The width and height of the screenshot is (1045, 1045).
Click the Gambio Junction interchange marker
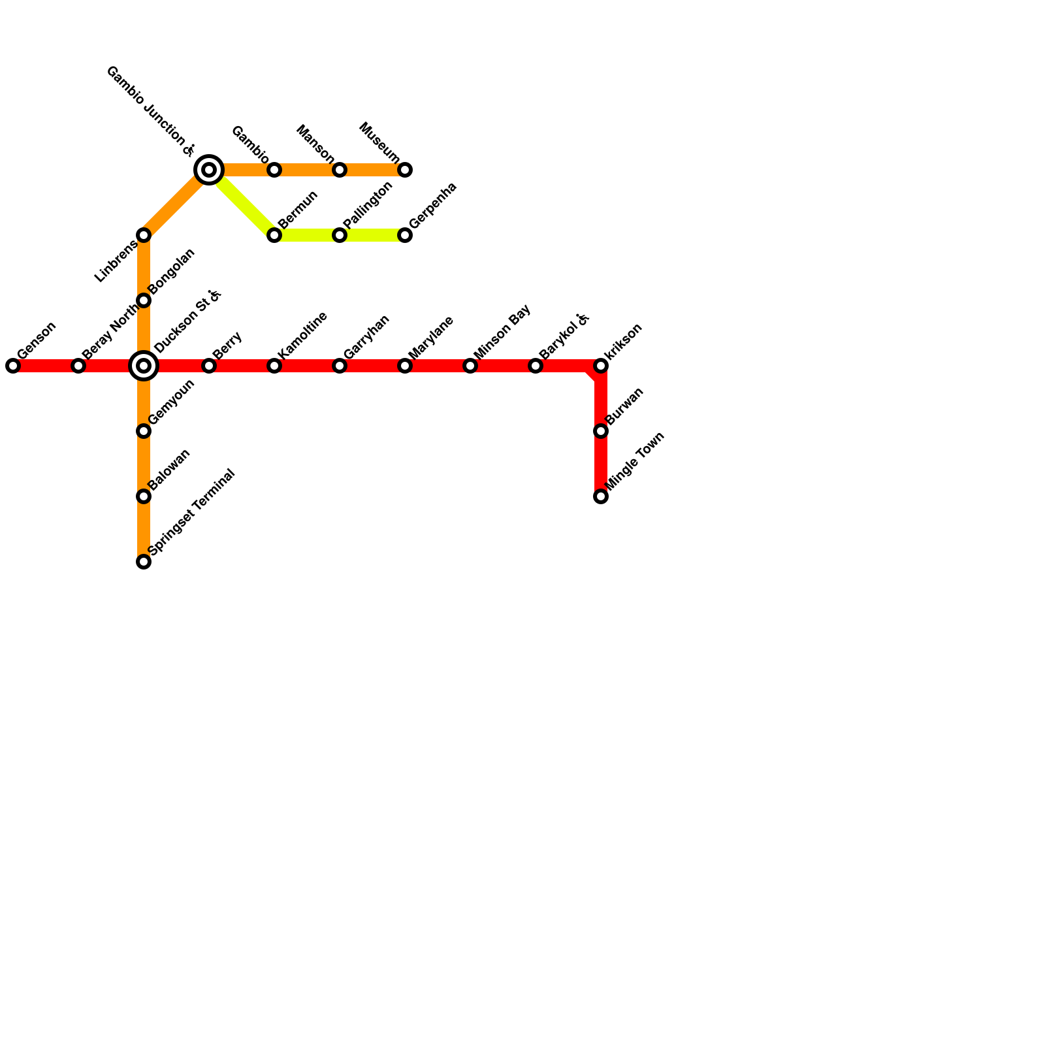click(209, 170)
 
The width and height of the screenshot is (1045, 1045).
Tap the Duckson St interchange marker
click(144, 366)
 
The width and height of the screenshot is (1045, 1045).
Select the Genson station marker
click(13, 366)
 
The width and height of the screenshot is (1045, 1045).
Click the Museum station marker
click(405, 170)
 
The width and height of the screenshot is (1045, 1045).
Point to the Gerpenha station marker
click(405, 235)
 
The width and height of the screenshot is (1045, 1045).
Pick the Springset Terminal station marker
click(144, 562)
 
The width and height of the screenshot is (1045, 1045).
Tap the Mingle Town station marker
click(601, 496)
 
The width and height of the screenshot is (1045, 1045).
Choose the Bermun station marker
click(274, 235)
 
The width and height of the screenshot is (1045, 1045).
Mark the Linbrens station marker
click(144, 235)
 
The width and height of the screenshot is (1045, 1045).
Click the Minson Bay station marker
click(470, 366)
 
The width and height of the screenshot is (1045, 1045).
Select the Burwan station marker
click(601, 431)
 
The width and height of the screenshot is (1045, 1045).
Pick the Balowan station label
click(169, 469)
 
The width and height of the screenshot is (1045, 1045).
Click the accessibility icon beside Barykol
click(583, 319)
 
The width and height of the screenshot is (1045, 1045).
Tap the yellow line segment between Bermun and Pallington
click(307, 235)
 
